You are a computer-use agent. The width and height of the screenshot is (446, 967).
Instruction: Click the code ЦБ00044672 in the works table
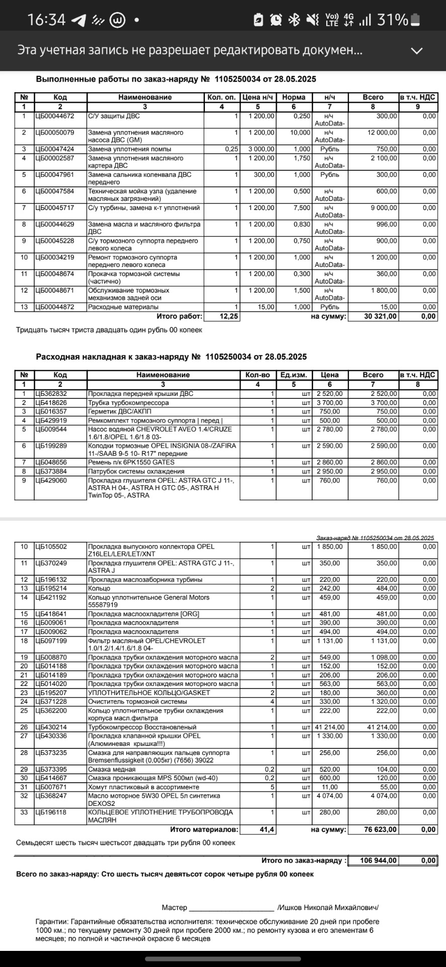point(54,116)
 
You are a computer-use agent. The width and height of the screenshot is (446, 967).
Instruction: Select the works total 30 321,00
point(381,317)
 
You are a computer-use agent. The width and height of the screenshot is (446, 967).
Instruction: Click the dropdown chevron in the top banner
point(417,50)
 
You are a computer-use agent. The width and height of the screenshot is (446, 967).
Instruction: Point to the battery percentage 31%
point(392,20)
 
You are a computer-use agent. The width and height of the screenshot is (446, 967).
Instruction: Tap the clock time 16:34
point(46,20)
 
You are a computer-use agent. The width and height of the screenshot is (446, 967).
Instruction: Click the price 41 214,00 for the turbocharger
point(330,727)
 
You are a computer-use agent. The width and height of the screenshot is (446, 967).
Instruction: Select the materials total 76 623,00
point(381,830)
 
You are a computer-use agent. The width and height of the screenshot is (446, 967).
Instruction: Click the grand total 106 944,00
point(379,861)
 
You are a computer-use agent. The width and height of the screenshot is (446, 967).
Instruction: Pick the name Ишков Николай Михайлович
point(328,908)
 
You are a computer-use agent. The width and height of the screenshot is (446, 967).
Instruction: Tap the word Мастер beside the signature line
point(174,908)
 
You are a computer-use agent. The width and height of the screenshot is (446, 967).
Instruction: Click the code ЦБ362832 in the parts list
point(51,394)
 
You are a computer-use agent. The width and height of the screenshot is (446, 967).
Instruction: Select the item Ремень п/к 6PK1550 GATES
point(131,462)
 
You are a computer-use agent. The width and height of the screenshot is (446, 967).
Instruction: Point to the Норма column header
point(294,97)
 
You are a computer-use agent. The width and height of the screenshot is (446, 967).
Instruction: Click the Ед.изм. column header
point(294,375)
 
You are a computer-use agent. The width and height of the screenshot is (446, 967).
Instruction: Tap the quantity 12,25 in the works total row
point(229,317)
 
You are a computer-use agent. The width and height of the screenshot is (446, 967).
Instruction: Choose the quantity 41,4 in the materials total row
point(267,830)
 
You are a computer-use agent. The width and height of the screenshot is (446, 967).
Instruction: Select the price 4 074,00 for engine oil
point(330,796)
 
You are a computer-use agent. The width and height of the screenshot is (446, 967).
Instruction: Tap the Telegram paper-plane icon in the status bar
point(79,20)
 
